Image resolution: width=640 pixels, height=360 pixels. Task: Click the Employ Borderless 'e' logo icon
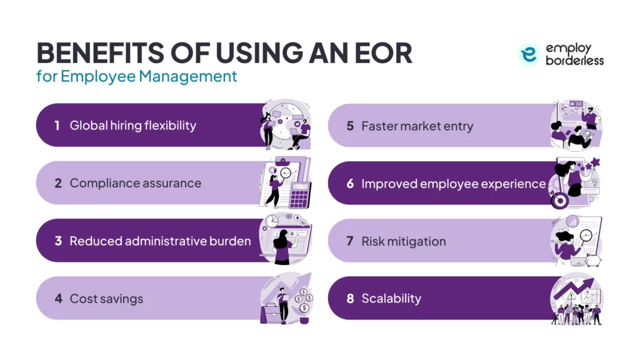click(529, 54)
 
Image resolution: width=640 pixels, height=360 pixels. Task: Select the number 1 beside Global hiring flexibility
click(57, 126)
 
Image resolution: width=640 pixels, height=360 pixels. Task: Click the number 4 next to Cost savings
click(58, 299)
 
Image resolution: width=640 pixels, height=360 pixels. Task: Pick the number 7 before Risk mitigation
click(350, 241)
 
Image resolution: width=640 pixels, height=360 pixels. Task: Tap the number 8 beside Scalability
click(350, 299)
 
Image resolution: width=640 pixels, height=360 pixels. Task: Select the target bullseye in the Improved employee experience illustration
click(557, 199)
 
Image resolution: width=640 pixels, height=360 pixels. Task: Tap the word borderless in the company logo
click(574, 61)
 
